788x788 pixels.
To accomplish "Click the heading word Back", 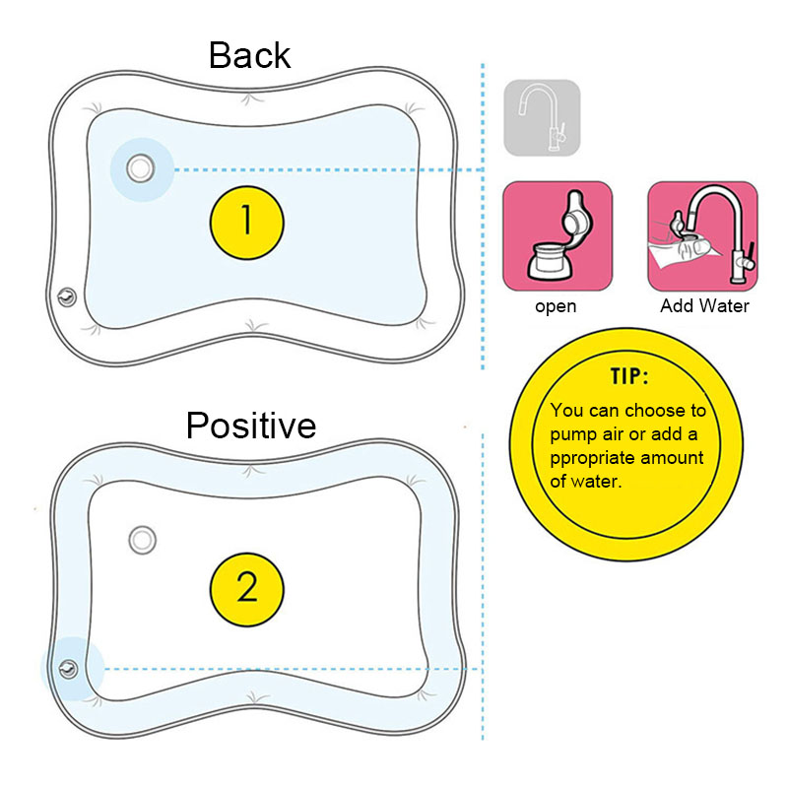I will point(249,55).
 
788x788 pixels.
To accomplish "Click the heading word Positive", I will point(251,426).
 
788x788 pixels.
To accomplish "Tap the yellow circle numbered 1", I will point(247,220).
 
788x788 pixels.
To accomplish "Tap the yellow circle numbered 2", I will point(247,588).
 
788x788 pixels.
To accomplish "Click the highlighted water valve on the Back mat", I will point(140,168).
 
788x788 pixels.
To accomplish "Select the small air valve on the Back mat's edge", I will point(66,295).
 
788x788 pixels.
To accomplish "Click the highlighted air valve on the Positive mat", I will point(68,670).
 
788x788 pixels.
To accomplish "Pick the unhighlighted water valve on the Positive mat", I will point(143,539).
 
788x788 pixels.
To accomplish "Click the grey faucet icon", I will point(542,117).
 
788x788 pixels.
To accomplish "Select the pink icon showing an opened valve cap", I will point(558,236).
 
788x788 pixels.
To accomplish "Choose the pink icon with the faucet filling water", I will point(702,236).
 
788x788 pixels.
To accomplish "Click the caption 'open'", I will point(556,306).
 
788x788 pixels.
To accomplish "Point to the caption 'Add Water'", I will point(704,306).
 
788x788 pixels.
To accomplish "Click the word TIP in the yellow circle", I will point(623,378).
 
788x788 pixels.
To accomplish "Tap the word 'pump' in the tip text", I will point(575,434).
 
